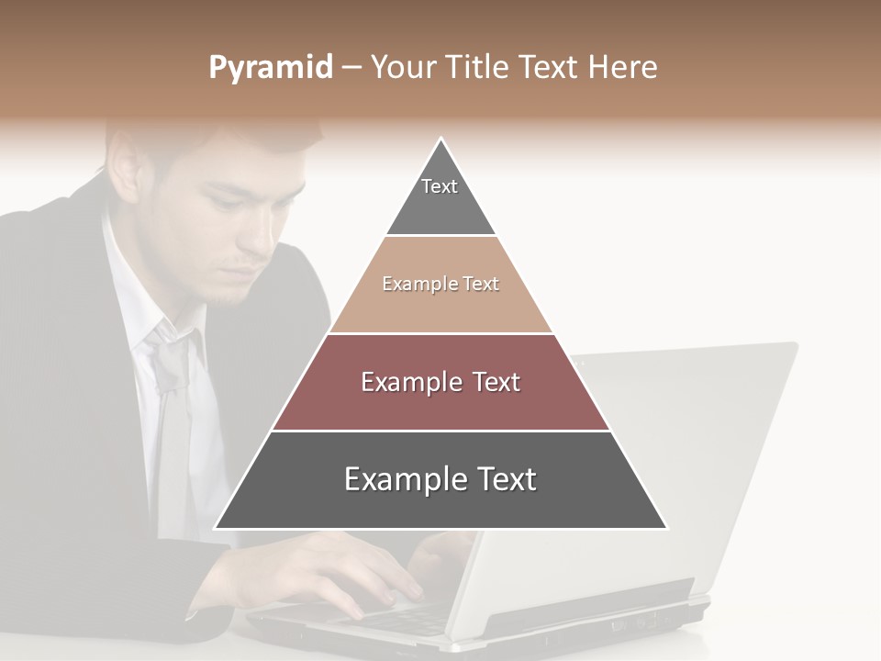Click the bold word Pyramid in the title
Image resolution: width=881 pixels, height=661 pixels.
pos(271,68)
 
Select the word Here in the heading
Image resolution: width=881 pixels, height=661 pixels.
pos(623,67)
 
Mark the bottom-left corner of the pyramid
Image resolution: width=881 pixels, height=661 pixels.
pos(216,528)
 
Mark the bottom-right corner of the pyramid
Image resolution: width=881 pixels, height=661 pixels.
pos(666,528)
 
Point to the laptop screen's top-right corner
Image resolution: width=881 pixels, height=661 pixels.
pos(795,345)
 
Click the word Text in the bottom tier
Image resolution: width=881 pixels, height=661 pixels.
pos(496,479)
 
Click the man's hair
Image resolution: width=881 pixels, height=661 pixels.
pos(211,138)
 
